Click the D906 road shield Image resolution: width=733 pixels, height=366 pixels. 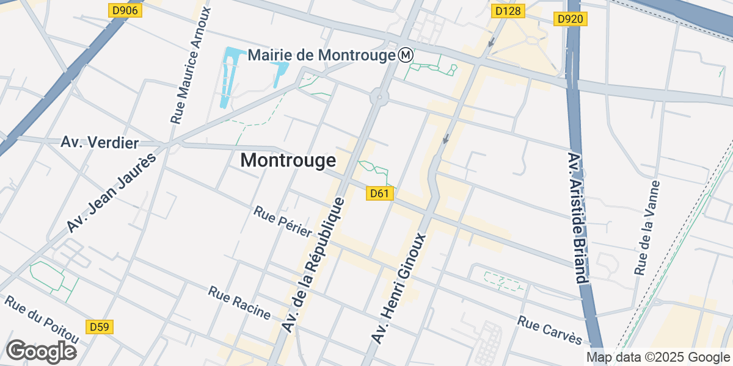(126, 10)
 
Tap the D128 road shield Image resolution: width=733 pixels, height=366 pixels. (508, 10)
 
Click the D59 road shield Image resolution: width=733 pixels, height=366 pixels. (99, 327)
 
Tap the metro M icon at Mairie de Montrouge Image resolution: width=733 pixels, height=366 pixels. (406, 56)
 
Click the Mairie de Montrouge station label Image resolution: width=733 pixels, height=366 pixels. (322, 56)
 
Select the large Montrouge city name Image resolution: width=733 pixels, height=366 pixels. (288, 160)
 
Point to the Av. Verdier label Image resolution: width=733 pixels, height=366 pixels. (100, 143)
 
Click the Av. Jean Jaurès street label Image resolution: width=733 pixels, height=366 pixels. (111, 193)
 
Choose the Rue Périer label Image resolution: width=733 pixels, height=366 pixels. (283, 221)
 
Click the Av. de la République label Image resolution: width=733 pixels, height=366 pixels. (315, 265)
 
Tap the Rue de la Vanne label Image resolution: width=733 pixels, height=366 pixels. (647, 228)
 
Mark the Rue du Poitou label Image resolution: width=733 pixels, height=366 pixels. (43, 320)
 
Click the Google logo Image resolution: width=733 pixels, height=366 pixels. (41, 351)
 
